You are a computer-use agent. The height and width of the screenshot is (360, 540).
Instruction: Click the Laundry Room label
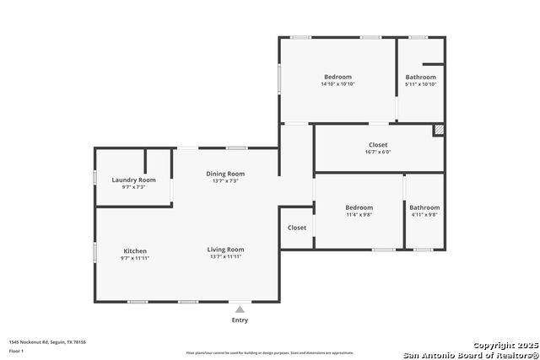(134, 180)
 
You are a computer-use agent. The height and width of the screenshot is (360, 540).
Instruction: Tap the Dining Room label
(225, 174)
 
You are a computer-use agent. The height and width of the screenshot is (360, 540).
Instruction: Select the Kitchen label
(135, 251)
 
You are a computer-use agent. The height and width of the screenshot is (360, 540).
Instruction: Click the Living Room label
(225, 250)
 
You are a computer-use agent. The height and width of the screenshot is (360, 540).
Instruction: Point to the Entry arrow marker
(240, 309)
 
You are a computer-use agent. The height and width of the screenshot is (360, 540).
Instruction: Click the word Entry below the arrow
(240, 320)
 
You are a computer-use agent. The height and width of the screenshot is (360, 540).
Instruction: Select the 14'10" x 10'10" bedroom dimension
(337, 84)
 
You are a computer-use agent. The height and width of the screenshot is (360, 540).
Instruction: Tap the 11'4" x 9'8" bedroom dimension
(359, 214)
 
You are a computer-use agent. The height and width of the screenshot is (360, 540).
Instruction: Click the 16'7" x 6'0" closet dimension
(377, 152)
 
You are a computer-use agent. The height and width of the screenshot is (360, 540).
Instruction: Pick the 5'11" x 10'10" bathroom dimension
(421, 84)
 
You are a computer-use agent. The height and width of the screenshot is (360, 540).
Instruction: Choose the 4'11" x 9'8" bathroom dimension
(424, 214)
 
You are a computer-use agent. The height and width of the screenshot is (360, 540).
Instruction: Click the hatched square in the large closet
(438, 130)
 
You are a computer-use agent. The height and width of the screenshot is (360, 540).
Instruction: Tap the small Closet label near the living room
(297, 228)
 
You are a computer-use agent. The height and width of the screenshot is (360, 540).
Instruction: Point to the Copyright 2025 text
(505, 346)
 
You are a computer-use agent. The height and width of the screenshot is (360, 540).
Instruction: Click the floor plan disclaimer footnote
(270, 353)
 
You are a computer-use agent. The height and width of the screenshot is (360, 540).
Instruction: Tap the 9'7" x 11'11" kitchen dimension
(135, 258)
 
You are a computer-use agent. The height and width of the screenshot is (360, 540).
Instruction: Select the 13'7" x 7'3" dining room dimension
(225, 180)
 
